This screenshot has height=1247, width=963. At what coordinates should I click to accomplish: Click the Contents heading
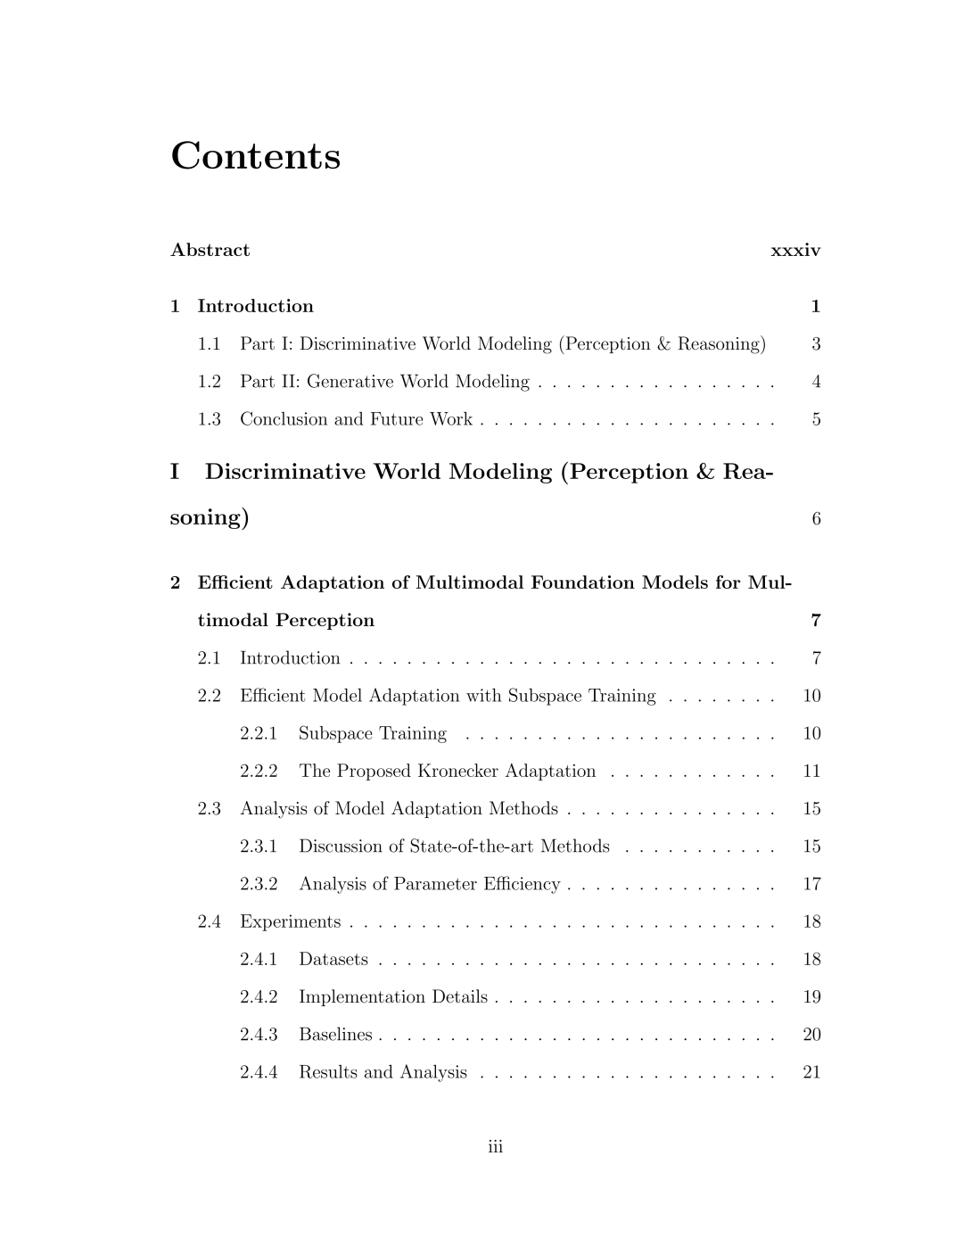coord(255,156)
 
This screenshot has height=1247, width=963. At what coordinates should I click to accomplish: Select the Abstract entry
coord(210,251)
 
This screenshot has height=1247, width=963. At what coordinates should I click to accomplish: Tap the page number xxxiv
coord(794,251)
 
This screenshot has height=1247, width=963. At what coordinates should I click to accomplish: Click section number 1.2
coord(210,382)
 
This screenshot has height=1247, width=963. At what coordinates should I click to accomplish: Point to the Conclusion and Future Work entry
coord(356,419)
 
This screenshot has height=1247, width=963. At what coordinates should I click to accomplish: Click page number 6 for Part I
coord(816,519)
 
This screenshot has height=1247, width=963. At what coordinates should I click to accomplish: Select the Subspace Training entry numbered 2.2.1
coord(372,733)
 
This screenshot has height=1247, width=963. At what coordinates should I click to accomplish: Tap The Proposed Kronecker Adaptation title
coord(447,771)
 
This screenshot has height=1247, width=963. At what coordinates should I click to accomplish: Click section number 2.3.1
coord(259,846)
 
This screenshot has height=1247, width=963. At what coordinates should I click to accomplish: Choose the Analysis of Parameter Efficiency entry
coord(429,884)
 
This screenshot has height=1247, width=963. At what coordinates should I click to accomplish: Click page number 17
coord(811,884)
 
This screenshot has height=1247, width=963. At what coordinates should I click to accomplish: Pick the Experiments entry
coord(290,921)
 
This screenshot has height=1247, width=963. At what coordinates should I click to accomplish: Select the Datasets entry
coord(333,959)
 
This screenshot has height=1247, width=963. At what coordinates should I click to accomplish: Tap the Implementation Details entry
coord(392,996)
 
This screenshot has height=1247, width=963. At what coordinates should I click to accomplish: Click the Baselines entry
coord(335,1035)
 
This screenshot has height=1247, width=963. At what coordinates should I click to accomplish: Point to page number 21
coord(811,1072)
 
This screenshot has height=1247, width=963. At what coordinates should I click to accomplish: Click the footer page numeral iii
coord(496,1147)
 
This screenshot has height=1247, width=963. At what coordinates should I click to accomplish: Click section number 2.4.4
coord(259,1072)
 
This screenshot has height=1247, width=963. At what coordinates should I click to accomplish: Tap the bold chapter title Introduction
coord(255,307)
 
